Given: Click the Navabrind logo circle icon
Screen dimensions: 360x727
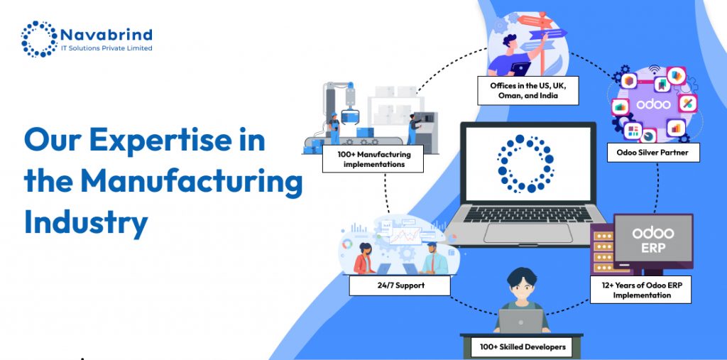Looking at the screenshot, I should click(x=38, y=38).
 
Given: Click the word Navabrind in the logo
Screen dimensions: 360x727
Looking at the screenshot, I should click(x=107, y=34).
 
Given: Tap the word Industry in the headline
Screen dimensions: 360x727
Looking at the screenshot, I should click(x=86, y=222).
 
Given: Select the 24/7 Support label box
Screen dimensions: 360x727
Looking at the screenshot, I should click(x=400, y=285).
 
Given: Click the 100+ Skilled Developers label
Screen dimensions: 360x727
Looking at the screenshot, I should click(x=523, y=347).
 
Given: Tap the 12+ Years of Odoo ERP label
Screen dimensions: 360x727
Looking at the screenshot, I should click(x=640, y=290).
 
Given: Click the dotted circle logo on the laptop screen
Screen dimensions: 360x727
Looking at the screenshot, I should click(x=525, y=164).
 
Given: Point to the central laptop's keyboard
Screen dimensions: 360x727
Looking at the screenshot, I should click(x=526, y=214).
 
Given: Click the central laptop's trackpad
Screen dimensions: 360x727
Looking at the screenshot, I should click(x=525, y=233).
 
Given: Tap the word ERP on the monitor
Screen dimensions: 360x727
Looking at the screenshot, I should click(x=652, y=249).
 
